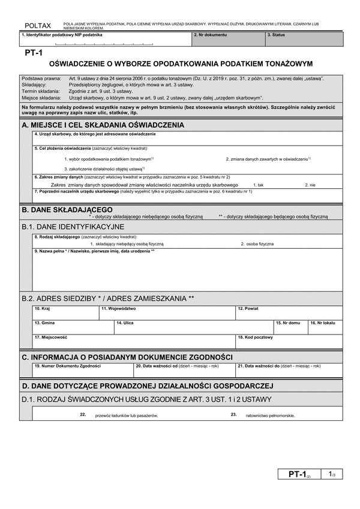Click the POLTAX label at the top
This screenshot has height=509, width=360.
38,26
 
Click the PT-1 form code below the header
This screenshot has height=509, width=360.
33,53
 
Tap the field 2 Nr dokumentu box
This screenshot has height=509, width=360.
228,40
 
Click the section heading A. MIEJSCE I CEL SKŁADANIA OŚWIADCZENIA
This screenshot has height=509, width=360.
103,125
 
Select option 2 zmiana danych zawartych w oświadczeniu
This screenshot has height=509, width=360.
268,159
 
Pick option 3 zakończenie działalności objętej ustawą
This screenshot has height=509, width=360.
103,168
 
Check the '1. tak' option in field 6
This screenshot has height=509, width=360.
259,185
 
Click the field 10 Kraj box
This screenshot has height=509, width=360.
65,312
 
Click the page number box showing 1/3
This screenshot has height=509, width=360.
331,475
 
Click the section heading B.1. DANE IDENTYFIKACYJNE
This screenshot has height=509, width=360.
73,227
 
